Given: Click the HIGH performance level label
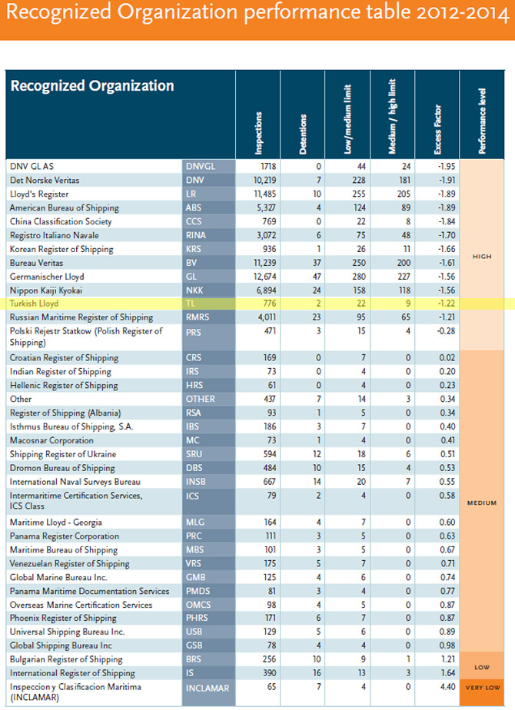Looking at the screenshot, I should (483, 256).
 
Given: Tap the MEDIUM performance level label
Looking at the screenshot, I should (482, 503).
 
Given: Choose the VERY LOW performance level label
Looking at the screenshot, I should (482, 688).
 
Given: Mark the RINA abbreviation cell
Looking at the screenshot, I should (196, 235).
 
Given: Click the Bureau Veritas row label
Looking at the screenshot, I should (38, 263).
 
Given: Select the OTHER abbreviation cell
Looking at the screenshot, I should (201, 399).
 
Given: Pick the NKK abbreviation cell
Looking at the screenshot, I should (195, 290).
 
